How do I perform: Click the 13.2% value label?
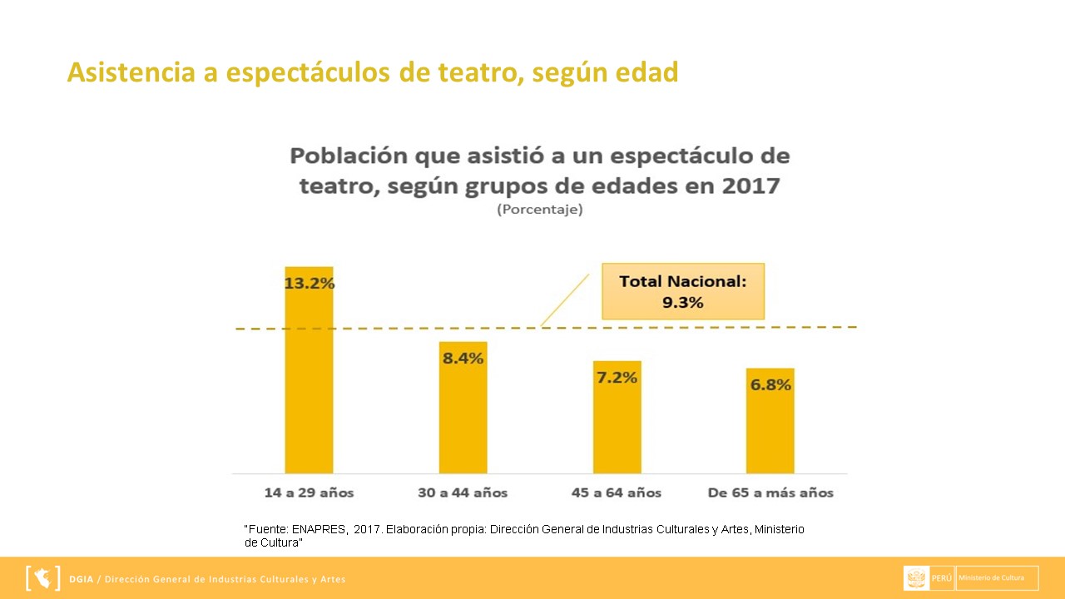pyautogui.click(x=310, y=283)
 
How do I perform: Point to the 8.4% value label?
pyautogui.click(x=463, y=359)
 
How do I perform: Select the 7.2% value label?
pyautogui.click(x=617, y=378)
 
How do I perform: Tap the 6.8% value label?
pyautogui.click(x=770, y=385)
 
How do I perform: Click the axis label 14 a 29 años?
pyautogui.click(x=309, y=493)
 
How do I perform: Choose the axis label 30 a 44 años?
pyautogui.click(x=463, y=493)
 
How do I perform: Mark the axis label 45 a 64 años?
pyautogui.click(x=617, y=493)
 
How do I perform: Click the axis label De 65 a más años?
pyautogui.click(x=770, y=493)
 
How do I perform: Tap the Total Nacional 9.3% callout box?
pyautogui.click(x=683, y=291)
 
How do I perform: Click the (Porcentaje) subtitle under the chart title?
pyautogui.click(x=540, y=210)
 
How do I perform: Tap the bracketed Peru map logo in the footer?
pyautogui.click(x=43, y=577)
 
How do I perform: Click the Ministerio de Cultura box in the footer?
pyautogui.click(x=997, y=577)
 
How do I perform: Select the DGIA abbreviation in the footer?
pyautogui.click(x=82, y=579)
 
